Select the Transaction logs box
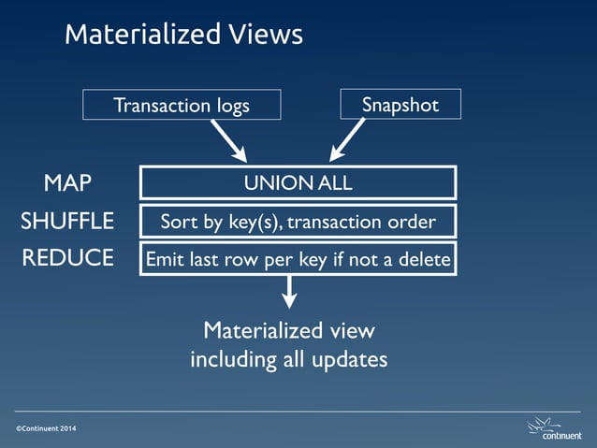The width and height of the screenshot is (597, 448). tap(182, 105)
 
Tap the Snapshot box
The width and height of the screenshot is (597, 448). tap(400, 105)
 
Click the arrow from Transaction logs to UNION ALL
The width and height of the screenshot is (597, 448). tap(229, 139)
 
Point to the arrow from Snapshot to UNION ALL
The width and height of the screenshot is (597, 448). tap(345, 139)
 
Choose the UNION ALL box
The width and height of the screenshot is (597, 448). tap(298, 182)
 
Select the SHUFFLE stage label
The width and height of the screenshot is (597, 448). tap(67, 222)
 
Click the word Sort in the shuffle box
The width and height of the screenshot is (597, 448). tap(178, 222)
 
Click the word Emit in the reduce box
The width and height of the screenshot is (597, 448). tap(164, 259)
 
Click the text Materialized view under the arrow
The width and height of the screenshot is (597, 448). tap(289, 330)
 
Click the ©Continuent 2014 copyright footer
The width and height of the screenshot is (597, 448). tap(47, 427)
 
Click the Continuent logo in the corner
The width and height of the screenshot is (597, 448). tap(555, 427)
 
